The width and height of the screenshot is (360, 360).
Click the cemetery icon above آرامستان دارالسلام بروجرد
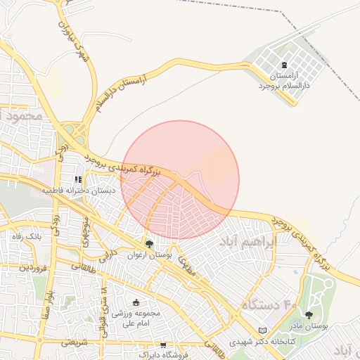pos(284,64)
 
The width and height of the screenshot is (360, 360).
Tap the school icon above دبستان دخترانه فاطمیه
pos(78,179)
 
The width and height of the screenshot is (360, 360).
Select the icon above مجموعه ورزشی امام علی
pos(135,302)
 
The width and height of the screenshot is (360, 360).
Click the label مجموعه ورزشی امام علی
pos(142,318)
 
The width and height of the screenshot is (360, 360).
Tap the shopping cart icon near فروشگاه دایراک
pos(163,345)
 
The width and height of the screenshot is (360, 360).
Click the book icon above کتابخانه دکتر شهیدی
pos(263,330)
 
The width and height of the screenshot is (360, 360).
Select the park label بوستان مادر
pos(309,326)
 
